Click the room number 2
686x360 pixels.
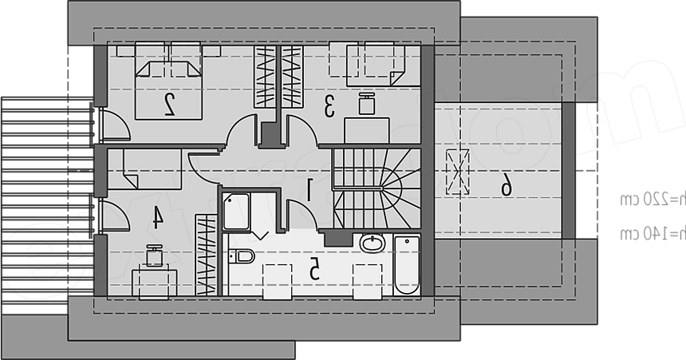click(169, 105)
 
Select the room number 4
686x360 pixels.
click(157, 218)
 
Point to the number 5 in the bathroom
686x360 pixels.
click(314, 269)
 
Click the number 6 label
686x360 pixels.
click(507, 184)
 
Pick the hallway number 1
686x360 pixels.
click(309, 190)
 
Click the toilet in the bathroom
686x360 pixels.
click(242, 256)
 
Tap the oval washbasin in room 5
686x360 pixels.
click(373, 243)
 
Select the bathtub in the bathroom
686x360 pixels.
click(407, 265)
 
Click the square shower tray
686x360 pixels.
click(236, 211)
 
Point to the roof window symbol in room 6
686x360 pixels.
click(458, 172)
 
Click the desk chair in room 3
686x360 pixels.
click(367, 104)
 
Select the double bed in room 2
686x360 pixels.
click(168, 81)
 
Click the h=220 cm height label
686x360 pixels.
click(652, 200)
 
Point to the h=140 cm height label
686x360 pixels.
click(652, 233)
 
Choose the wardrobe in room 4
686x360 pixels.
click(206, 255)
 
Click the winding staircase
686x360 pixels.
click(377, 188)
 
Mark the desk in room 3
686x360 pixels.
click(367, 130)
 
